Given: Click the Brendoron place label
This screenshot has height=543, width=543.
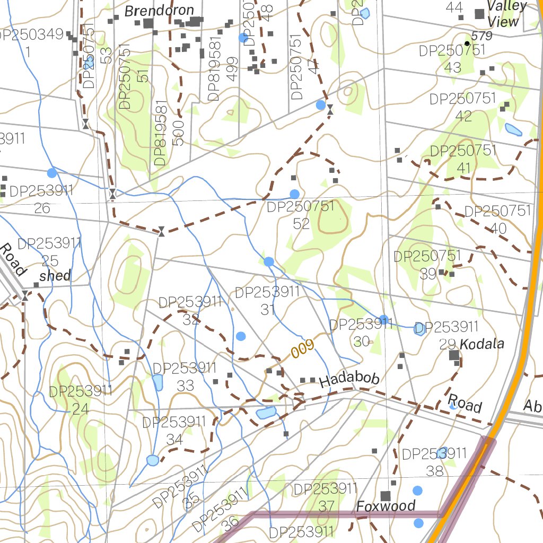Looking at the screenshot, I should pos(159,11).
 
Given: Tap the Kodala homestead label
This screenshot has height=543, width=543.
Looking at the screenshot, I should pos(481,344).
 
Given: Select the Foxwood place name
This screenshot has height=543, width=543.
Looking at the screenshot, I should pos(386,506).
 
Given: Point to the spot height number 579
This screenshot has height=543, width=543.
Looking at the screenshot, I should pos(481,37).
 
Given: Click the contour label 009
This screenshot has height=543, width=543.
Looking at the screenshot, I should pos(303,349).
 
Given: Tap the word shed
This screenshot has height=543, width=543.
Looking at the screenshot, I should pos(55,275).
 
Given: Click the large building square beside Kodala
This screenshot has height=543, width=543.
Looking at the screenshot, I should pos(454,355).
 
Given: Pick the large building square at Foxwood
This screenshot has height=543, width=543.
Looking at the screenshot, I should pos(386,496).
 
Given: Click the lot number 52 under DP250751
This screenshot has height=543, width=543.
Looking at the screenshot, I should pos(301,223).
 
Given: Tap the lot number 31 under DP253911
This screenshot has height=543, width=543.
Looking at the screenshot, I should pos(268,310).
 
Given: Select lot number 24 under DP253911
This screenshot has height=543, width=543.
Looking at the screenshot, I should pos(81,409).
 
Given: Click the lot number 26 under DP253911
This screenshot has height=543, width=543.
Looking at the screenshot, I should pos(42,208).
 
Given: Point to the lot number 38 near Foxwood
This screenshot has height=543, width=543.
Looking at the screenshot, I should pos(434,470).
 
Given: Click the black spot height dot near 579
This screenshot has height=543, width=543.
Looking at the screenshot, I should pos(467,43).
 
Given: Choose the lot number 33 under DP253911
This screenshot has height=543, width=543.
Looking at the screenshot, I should pos(185,386).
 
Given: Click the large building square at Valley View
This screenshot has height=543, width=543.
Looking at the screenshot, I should pos(479,14).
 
